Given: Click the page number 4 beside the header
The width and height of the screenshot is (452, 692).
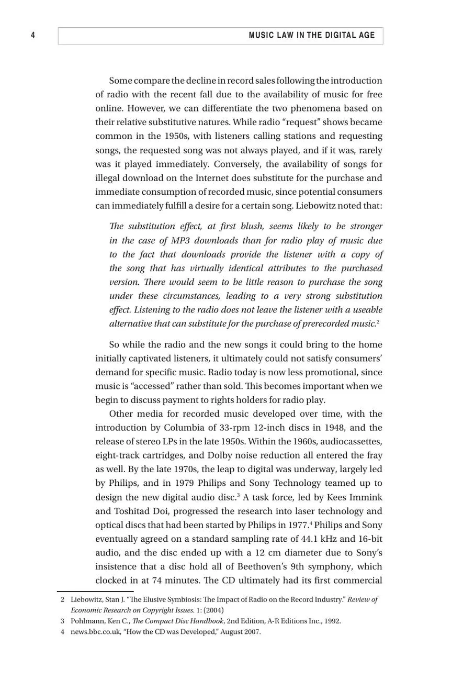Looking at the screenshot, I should pyautogui.click(x=33, y=36).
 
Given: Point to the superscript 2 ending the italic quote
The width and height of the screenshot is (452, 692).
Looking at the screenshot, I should pyautogui.click(x=378, y=322).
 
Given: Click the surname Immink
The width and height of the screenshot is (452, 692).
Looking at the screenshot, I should pyautogui.click(x=366, y=497).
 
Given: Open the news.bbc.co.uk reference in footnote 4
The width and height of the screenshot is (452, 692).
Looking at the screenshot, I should pyautogui.click(x=95, y=632).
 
